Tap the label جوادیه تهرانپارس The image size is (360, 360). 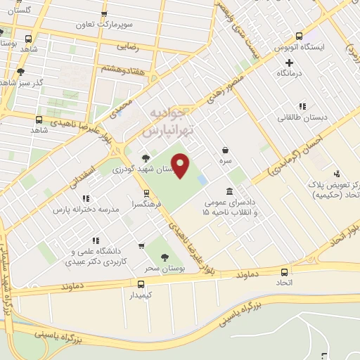click(166, 122)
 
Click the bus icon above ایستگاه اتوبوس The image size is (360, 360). click(300, 36)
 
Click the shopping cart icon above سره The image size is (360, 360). click(225, 150)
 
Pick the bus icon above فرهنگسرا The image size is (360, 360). click(146, 193)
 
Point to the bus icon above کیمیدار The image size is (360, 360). click(141, 284)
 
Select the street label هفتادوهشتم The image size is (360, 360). click(122, 68)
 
